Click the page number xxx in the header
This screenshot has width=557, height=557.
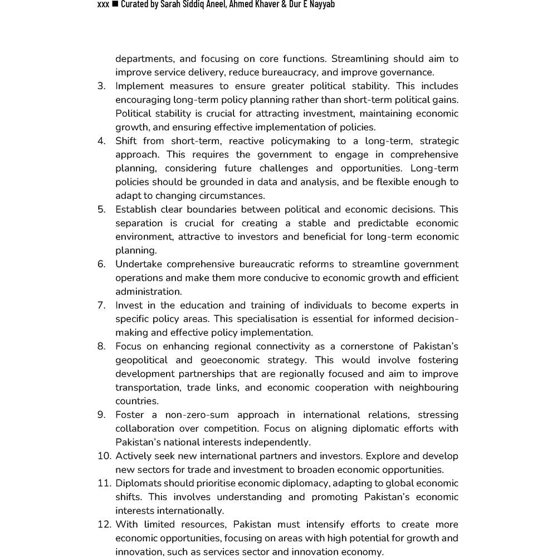tap(102, 5)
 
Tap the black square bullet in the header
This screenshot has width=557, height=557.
tap(115, 5)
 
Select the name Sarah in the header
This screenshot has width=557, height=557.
tap(173, 5)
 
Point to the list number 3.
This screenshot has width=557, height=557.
tap(101, 86)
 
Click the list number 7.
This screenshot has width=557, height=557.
tap(101, 305)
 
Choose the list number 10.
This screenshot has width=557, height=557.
tap(104, 456)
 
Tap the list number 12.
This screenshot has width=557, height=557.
tap(104, 525)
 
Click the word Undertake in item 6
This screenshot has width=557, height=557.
tap(139, 264)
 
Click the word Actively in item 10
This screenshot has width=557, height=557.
tap(133, 456)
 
